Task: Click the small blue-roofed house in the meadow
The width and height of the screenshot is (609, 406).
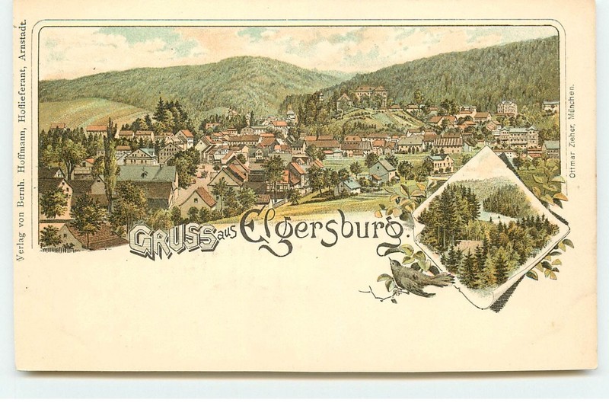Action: [351, 185]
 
